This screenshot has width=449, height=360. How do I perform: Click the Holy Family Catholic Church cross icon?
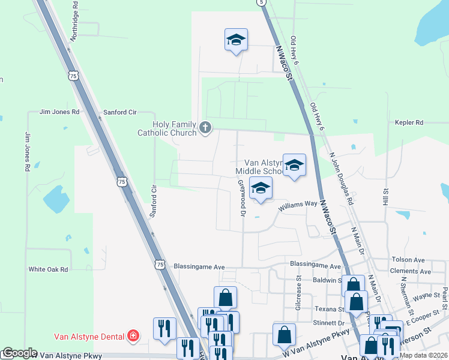pyautogui.click(x=205, y=127)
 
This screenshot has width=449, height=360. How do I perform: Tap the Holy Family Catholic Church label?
pyautogui.click(x=175, y=128)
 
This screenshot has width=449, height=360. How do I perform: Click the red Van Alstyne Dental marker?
pyautogui.click(x=134, y=336)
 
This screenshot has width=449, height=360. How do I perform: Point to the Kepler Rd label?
pyautogui.click(x=409, y=122)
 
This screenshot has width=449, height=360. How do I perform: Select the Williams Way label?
pyautogui.click(x=297, y=204)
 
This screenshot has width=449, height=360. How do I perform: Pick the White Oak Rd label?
pyautogui.click(x=48, y=269)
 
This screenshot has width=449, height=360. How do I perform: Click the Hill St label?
pyautogui.click(x=386, y=196)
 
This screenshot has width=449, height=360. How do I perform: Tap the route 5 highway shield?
pyautogui.click(x=262, y=2)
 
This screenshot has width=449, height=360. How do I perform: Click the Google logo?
pyautogui.click(x=19, y=353)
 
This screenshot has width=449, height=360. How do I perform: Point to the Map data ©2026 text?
pyautogui.click(x=424, y=355)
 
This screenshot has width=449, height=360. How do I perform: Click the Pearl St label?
pyautogui.click(x=445, y=295)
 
